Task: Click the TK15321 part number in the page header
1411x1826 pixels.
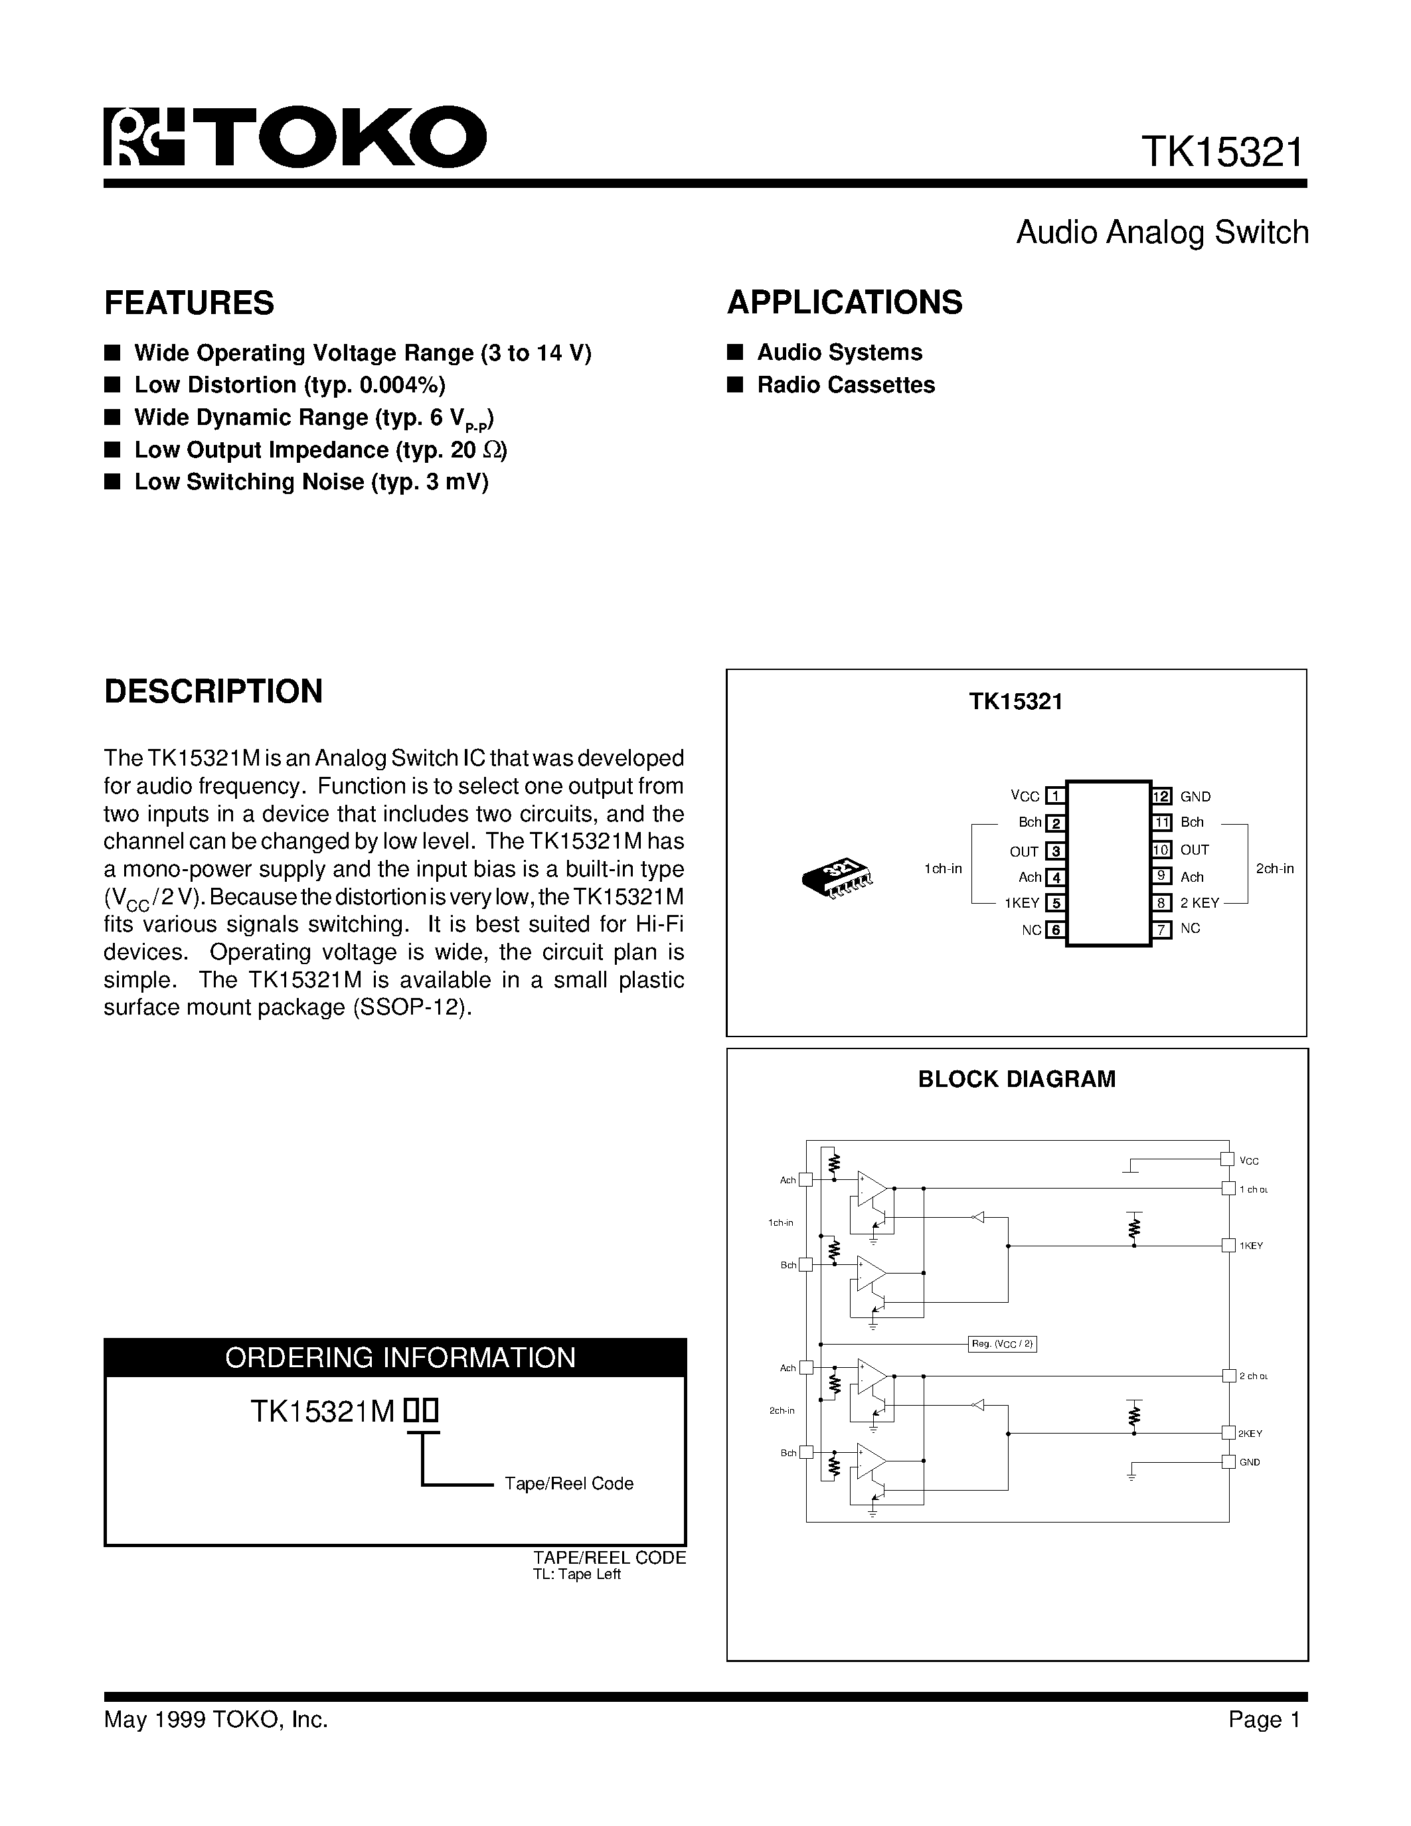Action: pos(1221,153)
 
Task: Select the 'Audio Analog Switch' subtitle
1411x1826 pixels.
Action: pos(1161,232)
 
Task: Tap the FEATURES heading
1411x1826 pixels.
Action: pos(189,303)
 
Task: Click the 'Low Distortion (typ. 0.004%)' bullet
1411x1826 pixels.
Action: pos(290,384)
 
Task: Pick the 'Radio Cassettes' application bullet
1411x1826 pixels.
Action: pos(845,384)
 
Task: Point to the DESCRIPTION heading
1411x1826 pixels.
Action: pos(213,691)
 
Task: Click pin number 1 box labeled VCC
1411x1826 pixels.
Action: pos(1056,797)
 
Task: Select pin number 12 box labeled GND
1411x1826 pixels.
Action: pos(1161,797)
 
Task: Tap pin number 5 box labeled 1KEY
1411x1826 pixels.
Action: pos(1056,903)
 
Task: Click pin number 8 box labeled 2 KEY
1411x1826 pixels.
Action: pos(1161,903)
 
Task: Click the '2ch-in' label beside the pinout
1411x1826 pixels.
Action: pos(1275,869)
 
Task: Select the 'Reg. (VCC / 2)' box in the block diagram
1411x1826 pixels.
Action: pos(1002,1343)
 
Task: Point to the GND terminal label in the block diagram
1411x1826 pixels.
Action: pos(1249,1462)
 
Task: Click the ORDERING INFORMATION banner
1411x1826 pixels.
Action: pos(400,1357)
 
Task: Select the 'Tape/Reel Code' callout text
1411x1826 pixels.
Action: pos(568,1483)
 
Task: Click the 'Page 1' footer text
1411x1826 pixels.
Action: pos(1264,1719)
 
